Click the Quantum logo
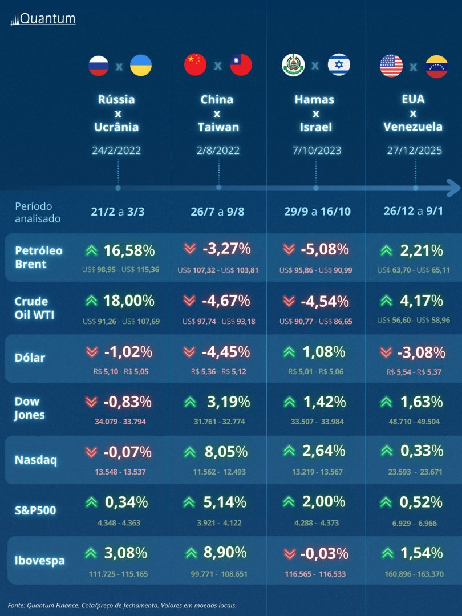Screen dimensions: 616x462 43,19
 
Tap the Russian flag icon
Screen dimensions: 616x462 98,66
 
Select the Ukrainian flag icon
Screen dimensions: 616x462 140,66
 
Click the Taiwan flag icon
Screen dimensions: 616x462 241,66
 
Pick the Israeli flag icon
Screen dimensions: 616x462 339,66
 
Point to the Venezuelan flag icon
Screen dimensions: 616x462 437,67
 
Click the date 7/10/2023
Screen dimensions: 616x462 316,151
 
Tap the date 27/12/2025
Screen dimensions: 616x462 415,151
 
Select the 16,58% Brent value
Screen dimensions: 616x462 128,250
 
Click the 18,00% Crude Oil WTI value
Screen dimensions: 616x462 128,301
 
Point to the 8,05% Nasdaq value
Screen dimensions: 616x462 226,452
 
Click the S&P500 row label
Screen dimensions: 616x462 35,510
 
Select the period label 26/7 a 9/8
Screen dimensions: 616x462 219,212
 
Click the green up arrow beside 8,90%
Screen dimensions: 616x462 191,553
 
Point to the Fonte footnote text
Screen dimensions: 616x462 122,605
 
